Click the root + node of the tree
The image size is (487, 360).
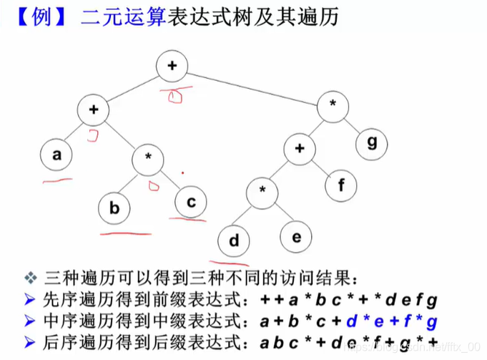[x=172, y=66]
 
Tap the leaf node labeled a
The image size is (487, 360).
[x=57, y=155]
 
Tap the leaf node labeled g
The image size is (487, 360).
[x=372, y=142]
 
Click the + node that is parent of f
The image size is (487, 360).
[x=298, y=150]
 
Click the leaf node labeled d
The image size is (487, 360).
[x=233, y=240]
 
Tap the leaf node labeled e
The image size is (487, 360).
[x=296, y=235]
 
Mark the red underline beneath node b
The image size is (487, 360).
[x=126, y=233]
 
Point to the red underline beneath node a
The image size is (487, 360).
[x=58, y=180]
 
